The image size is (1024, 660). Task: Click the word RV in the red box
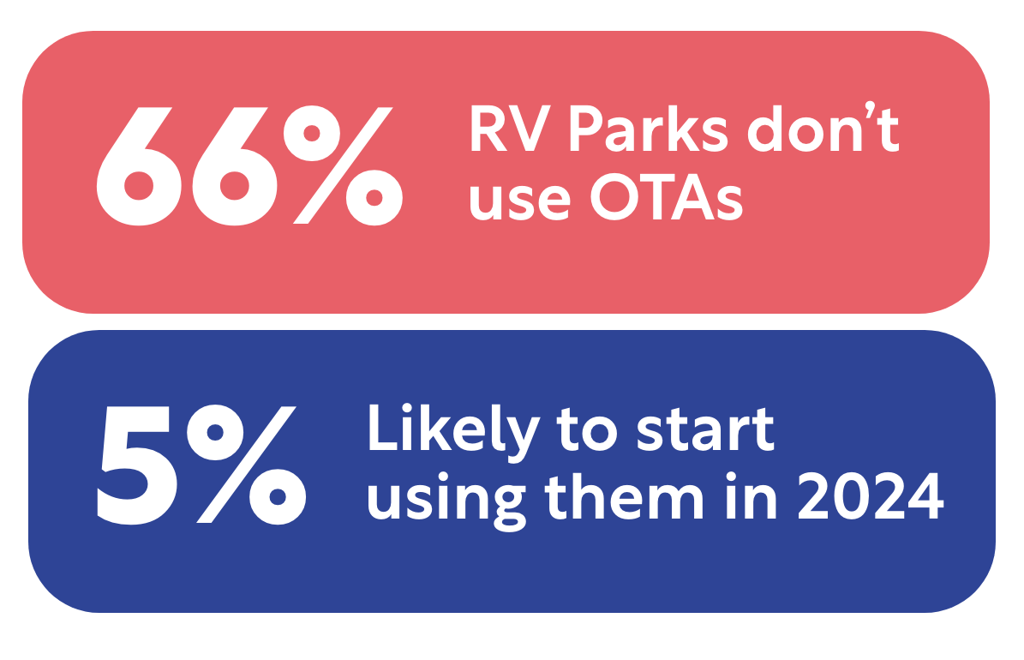(510, 128)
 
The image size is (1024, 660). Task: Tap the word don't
(824, 127)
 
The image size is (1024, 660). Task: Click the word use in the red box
(520, 202)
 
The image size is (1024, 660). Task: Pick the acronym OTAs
(667, 196)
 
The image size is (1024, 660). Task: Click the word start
(705, 430)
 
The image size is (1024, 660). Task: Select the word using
(446, 504)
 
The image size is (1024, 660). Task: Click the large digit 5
(137, 465)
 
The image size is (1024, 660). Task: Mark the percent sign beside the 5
(247, 465)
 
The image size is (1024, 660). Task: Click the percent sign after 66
(343, 165)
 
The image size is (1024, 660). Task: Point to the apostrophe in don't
(871, 109)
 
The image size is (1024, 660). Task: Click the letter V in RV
(530, 128)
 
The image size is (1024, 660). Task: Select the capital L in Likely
(383, 427)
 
